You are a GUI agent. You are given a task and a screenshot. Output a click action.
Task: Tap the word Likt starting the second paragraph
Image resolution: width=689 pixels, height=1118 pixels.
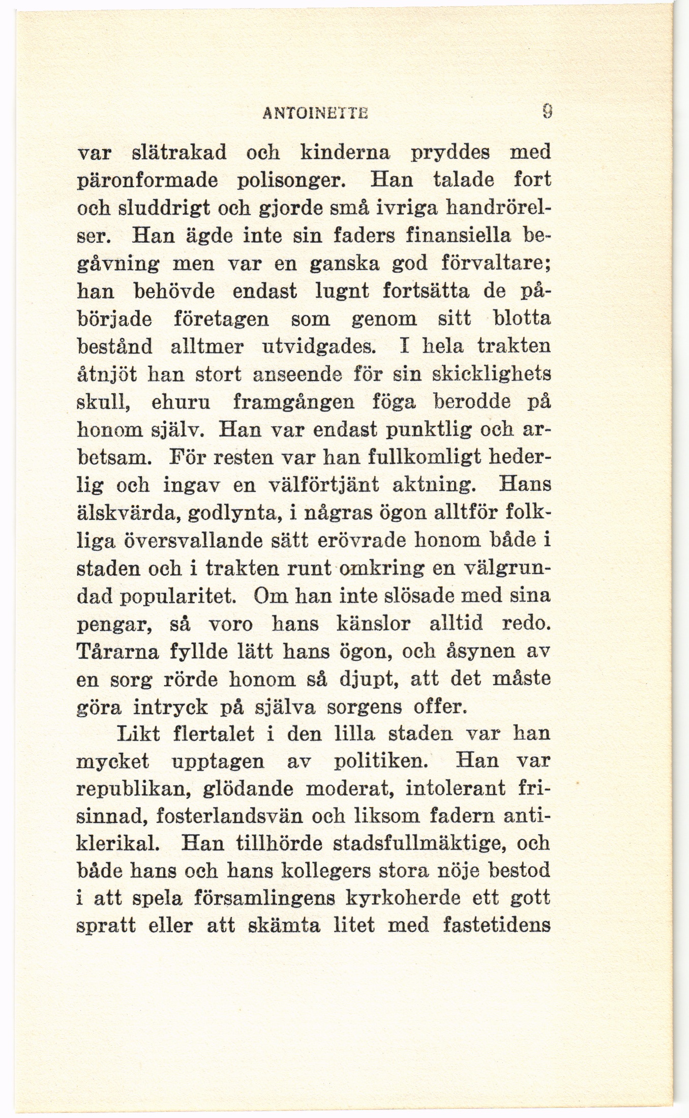[x=139, y=734]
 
